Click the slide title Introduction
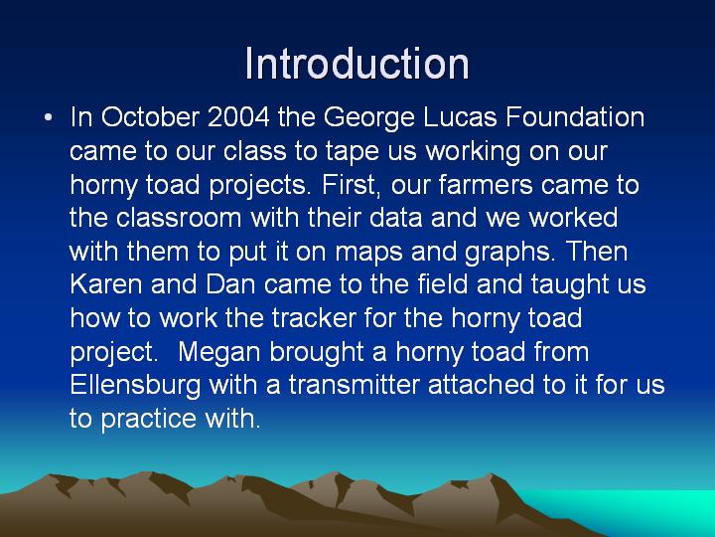pos(357,64)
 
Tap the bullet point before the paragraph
pos(48,117)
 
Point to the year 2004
pos(238,117)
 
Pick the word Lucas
pos(460,117)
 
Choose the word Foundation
pos(575,117)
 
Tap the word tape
pos(352,152)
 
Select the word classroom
pos(179,218)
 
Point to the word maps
pos(368,253)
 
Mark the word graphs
pos(509,253)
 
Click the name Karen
pos(106,284)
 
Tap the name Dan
pos(230,284)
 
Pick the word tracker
pos(314,318)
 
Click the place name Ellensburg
pos(135,386)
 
